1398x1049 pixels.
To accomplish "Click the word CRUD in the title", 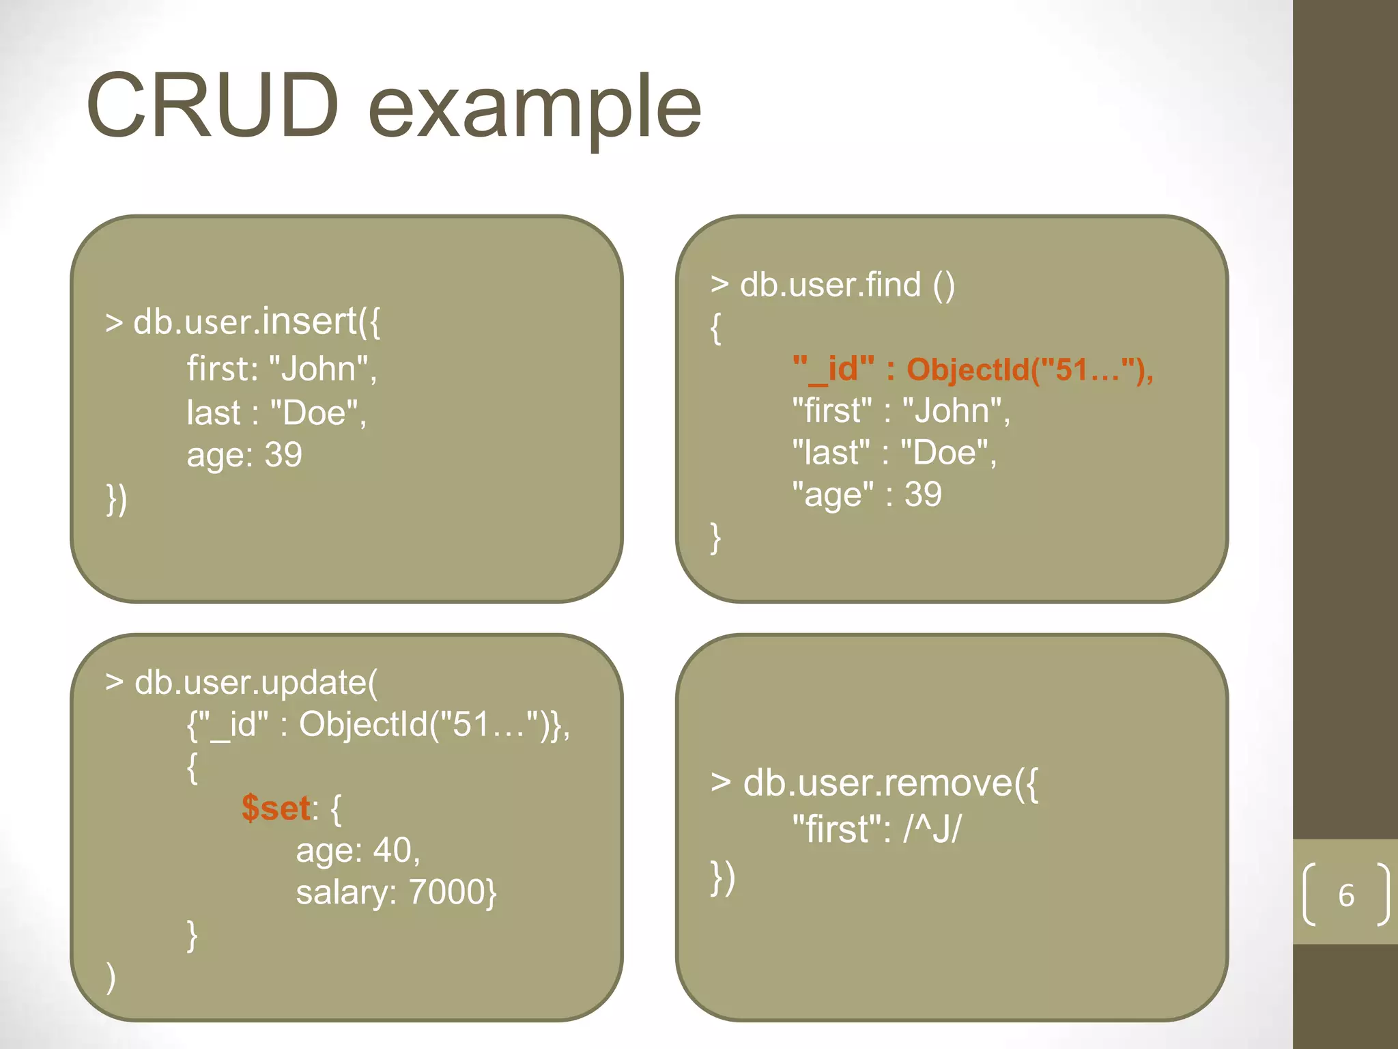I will tap(212, 106).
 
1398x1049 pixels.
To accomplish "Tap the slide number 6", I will tap(1345, 895).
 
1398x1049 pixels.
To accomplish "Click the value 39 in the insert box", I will tap(283, 455).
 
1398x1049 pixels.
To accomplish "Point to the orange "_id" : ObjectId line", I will tap(972, 369).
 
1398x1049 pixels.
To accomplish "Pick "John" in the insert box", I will tap(319, 369).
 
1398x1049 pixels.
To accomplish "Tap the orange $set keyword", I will tap(276, 809).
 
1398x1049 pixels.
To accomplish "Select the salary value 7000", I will tap(447, 893).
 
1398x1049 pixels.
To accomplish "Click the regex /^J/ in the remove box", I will tap(932, 830).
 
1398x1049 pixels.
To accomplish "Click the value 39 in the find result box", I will tap(923, 494).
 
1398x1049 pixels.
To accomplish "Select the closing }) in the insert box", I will tap(117, 499).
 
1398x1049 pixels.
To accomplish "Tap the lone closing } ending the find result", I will tap(715, 538).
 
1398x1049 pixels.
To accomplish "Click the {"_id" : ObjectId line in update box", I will tap(377, 725).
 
